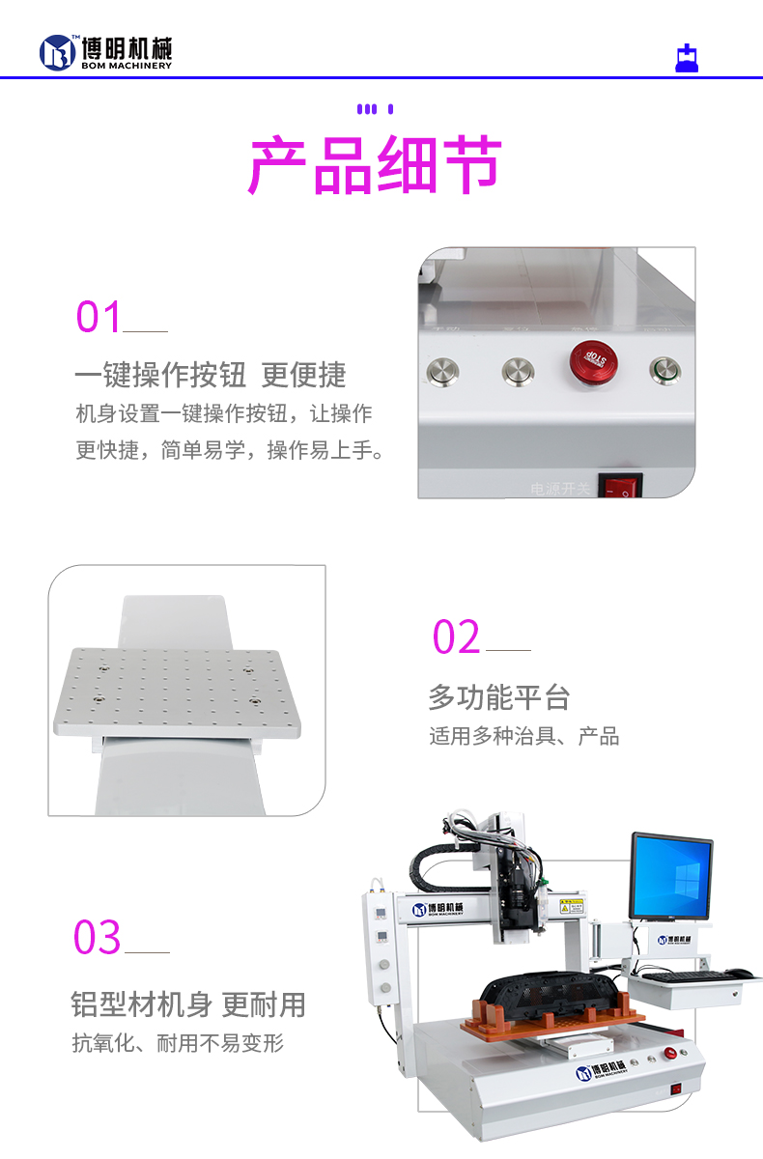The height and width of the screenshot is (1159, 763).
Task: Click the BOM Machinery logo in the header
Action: tap(105, 52)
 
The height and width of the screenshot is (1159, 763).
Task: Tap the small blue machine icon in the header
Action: tap(686, 59)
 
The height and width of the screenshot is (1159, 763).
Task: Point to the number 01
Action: tap(99, 317)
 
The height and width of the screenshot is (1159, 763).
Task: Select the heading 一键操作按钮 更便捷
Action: tap(210, 375)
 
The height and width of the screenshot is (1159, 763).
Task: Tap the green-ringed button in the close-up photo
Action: tap(664, 369)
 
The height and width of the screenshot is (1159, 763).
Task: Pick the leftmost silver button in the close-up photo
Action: tap(443, 369)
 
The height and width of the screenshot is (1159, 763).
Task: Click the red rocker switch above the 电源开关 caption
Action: tap(619, 485)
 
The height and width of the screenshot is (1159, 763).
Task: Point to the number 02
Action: tap(456, 637)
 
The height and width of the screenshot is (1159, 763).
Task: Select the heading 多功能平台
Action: tap(498, 696)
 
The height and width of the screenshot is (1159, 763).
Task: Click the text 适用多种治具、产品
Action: tap(523, 736)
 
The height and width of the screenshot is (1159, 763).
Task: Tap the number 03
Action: tap(98, 938)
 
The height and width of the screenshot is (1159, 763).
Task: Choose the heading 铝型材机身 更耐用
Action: tap(188, 1004)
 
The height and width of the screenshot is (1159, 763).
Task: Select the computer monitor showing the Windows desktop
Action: tap(671, 877)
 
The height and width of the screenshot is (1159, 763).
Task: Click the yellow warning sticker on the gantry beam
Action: tap(572, 908)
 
